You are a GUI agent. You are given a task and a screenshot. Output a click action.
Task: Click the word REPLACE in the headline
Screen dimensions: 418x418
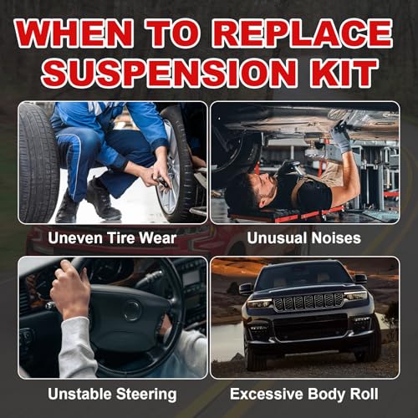(x=303, y=33)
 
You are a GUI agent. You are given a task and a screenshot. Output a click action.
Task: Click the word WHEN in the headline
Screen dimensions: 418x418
(x=74, y=33)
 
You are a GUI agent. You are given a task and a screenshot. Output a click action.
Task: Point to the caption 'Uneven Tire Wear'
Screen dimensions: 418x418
(x=112, y=238)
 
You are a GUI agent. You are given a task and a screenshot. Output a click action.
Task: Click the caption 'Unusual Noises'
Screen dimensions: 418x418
(x=304, y=238)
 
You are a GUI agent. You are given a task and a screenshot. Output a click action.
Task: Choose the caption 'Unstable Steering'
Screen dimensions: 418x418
(x=112, y=395)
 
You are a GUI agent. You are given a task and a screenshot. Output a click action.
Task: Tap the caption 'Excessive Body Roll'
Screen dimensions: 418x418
(x=304, y=394)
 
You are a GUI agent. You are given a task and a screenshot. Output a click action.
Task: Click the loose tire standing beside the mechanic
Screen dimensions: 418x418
(x=38, y=163)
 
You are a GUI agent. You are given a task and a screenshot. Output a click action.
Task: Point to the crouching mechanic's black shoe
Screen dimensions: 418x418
(x=103, y=199)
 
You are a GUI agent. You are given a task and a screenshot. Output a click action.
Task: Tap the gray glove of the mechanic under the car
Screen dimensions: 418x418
(x=342, y=136)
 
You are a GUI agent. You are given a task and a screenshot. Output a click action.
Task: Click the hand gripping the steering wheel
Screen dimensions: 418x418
(x=70, y=290)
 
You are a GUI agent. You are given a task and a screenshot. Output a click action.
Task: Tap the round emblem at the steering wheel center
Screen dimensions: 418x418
(x=131, y=310)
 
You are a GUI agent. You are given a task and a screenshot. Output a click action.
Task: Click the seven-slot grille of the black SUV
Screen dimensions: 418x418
(x=308, y=302)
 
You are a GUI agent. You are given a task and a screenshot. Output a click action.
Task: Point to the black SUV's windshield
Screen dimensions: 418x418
(x=304, y=275)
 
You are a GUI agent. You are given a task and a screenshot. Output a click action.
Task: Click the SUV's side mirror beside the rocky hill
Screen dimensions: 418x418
(x=246, y=288)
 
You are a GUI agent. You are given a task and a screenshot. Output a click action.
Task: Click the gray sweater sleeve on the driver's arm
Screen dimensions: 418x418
(x=77, y=348)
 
